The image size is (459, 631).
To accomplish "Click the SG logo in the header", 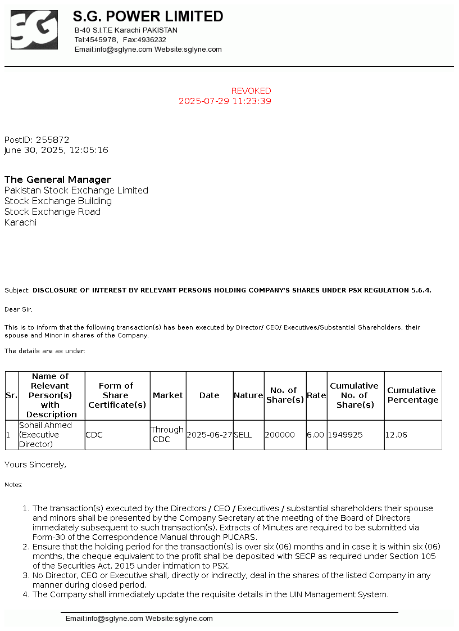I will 34,30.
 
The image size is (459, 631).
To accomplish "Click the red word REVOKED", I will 251,91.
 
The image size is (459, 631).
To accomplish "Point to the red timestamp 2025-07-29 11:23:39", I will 225,102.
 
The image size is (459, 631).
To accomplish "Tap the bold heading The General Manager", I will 58,180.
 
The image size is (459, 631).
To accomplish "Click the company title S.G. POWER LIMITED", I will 148,17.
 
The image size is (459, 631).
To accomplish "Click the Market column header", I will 168,395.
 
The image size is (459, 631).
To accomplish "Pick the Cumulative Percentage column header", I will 412,395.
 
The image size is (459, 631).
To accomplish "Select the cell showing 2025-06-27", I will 209,435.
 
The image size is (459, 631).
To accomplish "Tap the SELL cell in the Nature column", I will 243,435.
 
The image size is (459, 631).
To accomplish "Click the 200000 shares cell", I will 280,435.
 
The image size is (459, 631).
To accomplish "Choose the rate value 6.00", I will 316,435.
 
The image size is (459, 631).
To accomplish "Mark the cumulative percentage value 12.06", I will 396,435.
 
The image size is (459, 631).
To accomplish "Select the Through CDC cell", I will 167,435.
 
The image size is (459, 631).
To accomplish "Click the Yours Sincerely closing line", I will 35,465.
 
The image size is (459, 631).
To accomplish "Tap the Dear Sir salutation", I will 19,309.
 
